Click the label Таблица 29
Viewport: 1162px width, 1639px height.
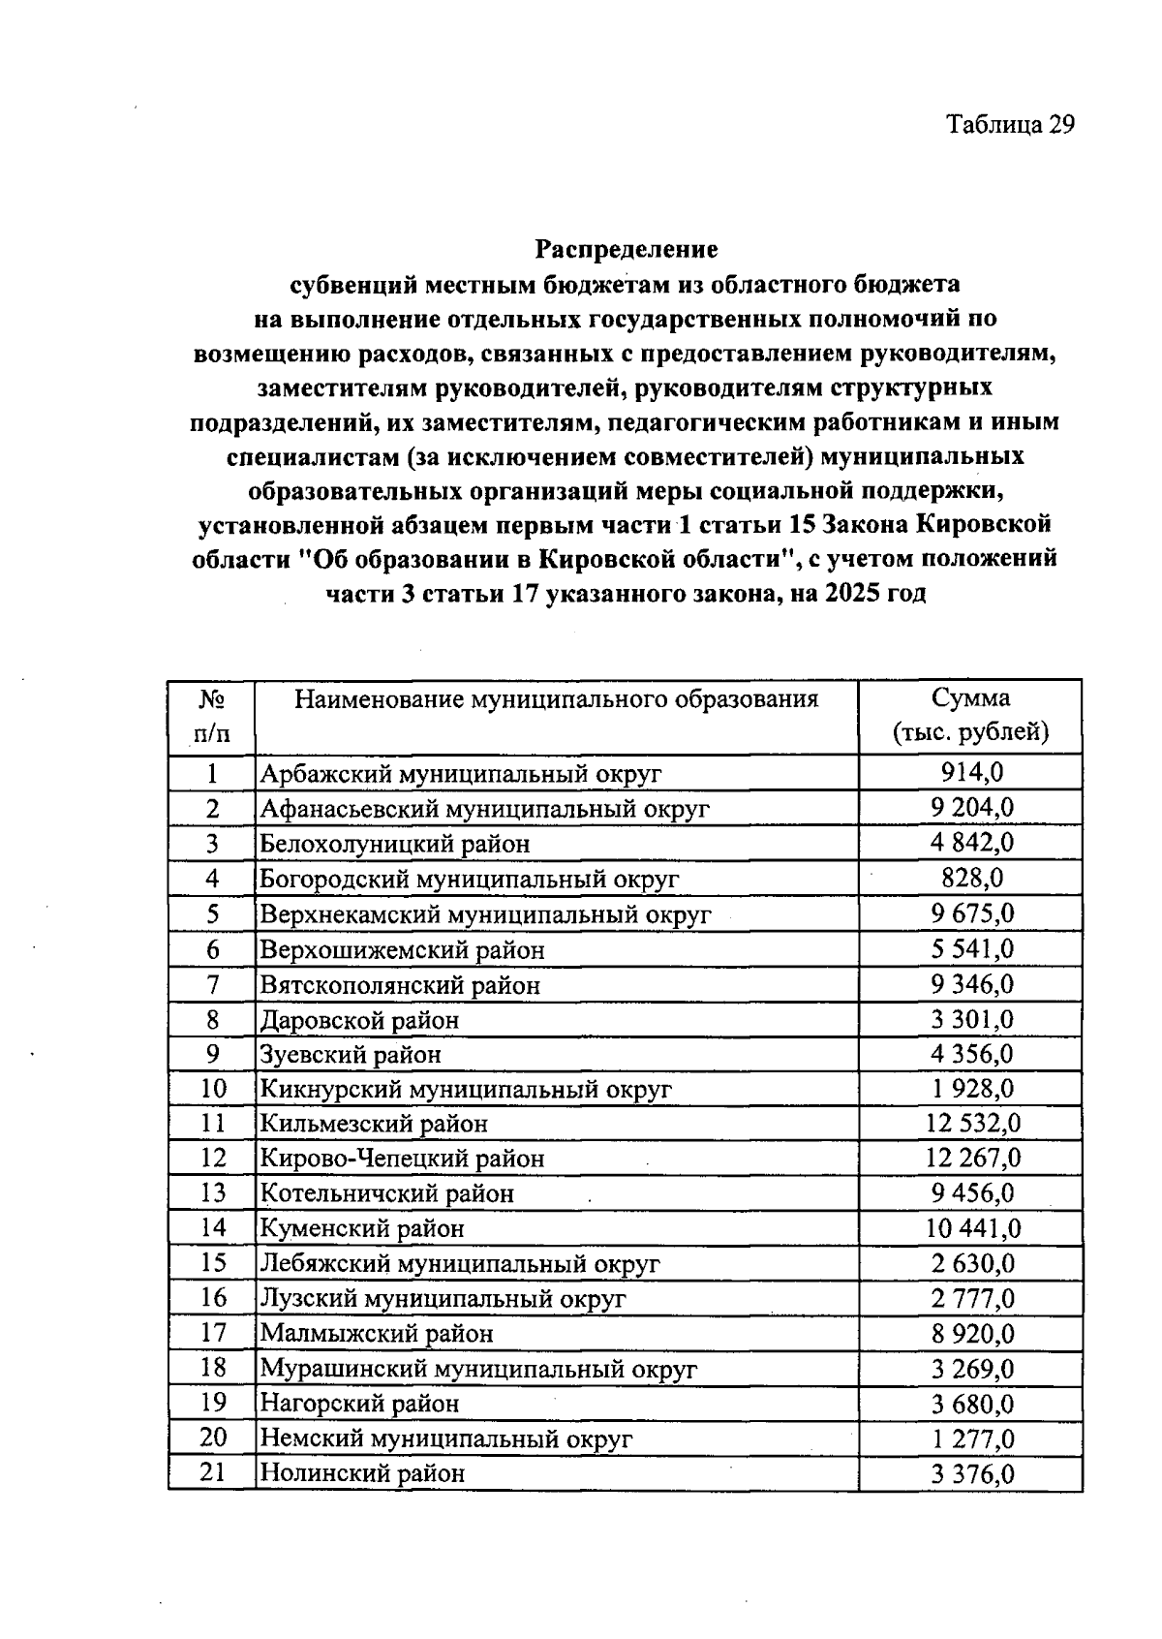(x=1010, y=125)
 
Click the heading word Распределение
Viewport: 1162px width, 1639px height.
(x=627, y=249)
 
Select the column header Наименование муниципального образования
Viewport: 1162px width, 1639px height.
(x=556, y=699)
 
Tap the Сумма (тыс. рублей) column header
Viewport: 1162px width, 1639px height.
(x=970, y=715)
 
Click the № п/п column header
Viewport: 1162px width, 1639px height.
(x=212, y=715)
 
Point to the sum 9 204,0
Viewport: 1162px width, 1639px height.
(x=971, y=808)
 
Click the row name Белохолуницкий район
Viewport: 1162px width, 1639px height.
(x=395, y=844)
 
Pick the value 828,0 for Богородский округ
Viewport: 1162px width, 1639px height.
(x=971, y=878)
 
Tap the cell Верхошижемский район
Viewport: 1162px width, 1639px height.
(x=402, y=950)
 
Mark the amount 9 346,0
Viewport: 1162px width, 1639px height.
(x=971, y=984)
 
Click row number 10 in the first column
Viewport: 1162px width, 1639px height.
(x=212, y=1089)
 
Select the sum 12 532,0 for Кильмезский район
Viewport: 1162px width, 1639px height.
(x=971, y=1124)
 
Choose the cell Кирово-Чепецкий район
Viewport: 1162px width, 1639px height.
(x=402, y=1159)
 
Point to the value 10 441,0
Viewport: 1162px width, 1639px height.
(x=971, y=1228)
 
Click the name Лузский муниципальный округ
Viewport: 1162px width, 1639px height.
(x=443, y=1298)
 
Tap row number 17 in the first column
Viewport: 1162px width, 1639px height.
(x=212, y=1333)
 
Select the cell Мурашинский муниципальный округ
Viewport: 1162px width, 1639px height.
(x=478, y=1369)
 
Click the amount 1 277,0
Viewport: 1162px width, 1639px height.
(x=971, y=1438)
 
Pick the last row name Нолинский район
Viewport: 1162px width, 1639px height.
(x=362, y=1473)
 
